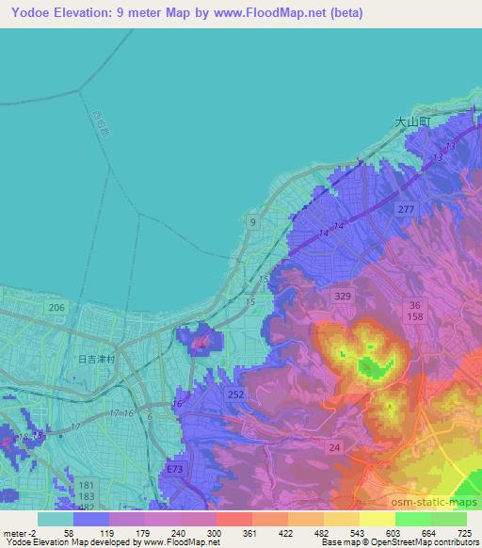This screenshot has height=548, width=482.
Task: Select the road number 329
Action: click(343, 296)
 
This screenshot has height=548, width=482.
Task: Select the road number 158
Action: click(416, 317)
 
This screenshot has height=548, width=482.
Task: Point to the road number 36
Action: click(416, 305)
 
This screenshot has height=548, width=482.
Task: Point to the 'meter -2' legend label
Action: click(18, 533)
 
